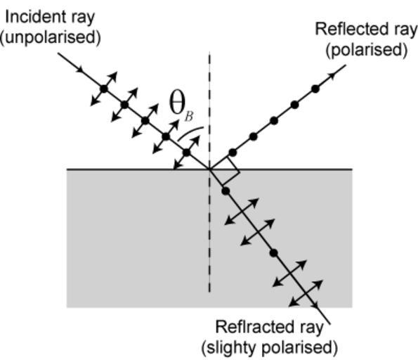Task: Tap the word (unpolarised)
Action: coord(50,38)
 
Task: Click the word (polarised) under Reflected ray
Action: coord(366,50)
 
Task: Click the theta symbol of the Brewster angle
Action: coord(177,104)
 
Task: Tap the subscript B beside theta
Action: coord(189,116)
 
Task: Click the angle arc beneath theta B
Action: coord(190,131)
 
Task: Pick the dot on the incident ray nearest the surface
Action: coord(187,153)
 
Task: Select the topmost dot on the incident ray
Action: coord(104,89)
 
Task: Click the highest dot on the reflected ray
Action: coord(315,89)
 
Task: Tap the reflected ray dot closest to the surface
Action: coord(233,153)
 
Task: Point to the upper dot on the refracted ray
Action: coord(226,191)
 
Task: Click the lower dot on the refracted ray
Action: coord(274,253)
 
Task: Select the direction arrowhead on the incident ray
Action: coord(80,69)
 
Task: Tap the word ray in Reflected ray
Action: coord(407,30)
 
